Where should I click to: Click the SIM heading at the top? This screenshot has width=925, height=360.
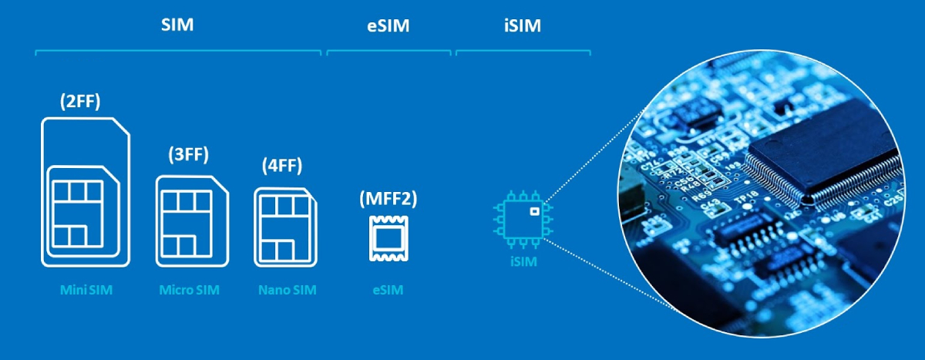[x=177, y=25]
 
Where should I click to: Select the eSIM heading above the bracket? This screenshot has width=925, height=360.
[x=388, y=26]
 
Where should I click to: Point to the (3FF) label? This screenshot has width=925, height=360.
[x=188, y=153]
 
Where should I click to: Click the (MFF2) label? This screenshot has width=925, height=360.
[x=388, y=199]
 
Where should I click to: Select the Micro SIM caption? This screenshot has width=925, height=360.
[x=189, y=291]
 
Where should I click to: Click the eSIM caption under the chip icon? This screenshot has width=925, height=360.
[x=387, y=291]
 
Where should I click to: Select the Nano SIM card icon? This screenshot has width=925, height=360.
[x=286, y=227]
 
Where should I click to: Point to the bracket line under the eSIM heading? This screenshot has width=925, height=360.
[x=388, y=52]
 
